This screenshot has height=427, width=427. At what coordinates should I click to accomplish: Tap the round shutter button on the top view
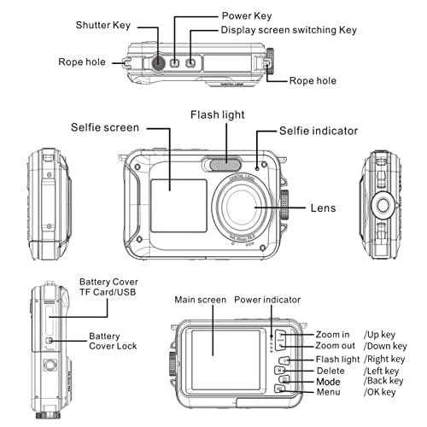click(160, 62)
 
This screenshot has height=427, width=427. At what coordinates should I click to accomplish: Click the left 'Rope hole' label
click(83, 62)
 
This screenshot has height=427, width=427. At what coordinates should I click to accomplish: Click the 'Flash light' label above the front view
click(225, 113)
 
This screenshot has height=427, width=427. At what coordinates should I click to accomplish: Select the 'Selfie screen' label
click(106, 128)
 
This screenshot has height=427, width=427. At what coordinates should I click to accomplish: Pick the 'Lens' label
click(324, 208)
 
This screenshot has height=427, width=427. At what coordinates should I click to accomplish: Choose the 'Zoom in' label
click(333, 333)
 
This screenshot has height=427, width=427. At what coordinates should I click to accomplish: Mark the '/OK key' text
click(380, 392)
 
